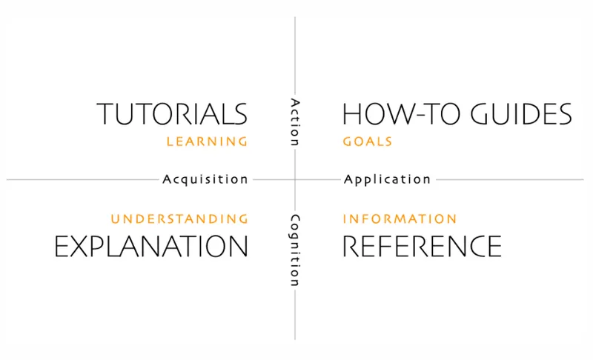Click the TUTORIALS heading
click(x=172, y=114)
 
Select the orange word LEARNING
click(x=207, y=141)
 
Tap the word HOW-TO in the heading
click(x=401, y=114)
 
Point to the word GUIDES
click(x=521, y=114)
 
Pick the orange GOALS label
click(x=367, y=141)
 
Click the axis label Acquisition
click(x=205, y=179)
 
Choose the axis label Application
click(x=387, y=179)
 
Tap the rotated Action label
click(x=295, y=122)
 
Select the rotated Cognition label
click(x=295, y=250)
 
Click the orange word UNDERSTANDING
click(x=179, y=219)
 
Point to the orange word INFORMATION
click(x=400, y=219)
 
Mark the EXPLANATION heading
click(x=151, y=246)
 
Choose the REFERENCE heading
click(x=422, y=246)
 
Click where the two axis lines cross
click(x=295, y=179)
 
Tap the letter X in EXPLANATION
click(x=82, y=246)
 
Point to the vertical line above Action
click(x=295, y=56)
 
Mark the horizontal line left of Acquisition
click(x=82, y=179)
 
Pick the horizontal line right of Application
click(x=510, y=179)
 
